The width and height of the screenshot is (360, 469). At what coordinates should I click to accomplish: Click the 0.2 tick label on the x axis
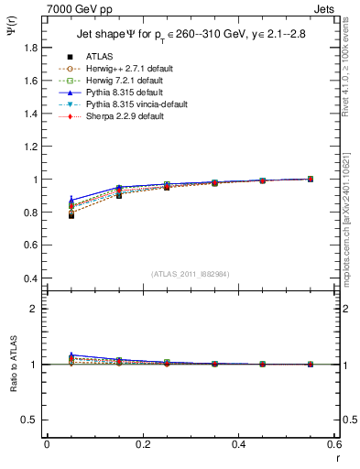click(142, 444)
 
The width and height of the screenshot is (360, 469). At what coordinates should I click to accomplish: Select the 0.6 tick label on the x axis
click(333, 444)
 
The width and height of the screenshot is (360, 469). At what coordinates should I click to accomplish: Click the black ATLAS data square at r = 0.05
click(71, 215)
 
